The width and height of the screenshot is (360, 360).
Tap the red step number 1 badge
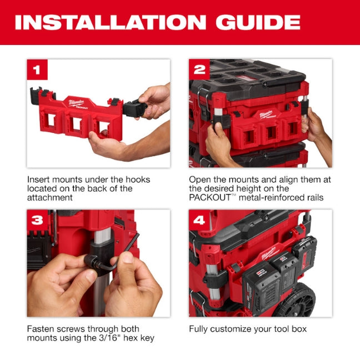37,69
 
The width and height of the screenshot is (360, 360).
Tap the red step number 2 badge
199,69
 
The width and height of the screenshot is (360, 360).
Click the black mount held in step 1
134,107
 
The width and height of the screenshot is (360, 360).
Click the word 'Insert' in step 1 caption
38,179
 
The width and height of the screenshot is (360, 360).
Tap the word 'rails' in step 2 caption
312,197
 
